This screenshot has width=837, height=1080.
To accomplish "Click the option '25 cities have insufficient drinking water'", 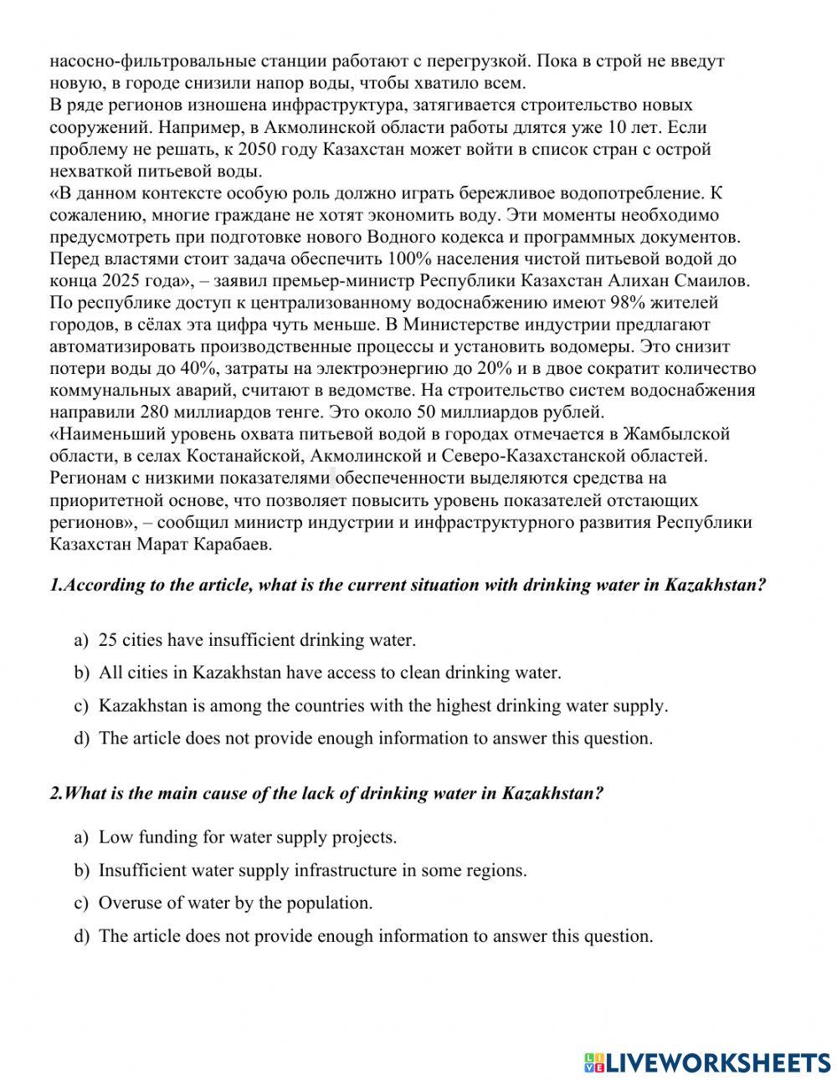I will [256, 641].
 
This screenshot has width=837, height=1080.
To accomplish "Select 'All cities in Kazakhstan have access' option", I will [329, 673].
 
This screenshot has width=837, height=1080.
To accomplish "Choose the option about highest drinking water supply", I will [383, 706].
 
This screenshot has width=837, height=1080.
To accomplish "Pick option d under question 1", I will [375, 739].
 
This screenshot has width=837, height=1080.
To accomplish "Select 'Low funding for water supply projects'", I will [247, 837].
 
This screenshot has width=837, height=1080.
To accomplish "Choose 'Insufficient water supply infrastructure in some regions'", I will [312, 871].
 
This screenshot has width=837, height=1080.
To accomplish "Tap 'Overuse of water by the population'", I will [235, 903].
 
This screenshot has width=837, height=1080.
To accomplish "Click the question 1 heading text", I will [408, 586].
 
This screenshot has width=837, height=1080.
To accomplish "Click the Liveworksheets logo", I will [707, 1062].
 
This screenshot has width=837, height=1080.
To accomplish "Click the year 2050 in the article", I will [255, 150].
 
